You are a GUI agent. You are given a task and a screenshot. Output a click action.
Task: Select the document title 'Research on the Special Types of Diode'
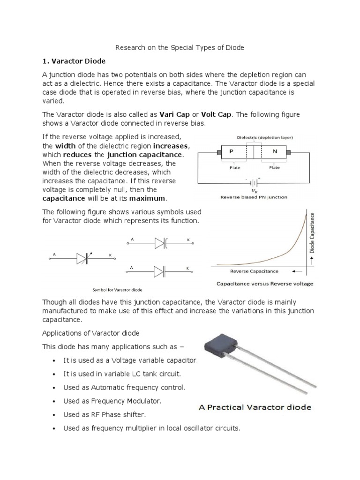pyautogui.click(x=180, y=48)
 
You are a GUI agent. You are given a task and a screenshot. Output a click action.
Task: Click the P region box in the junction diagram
pyautogui.click(x=232, y=152)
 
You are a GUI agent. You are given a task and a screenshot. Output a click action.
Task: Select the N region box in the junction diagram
pyautogui.click(x=273, y=152)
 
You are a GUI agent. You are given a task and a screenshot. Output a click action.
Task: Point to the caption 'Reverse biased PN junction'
pyautogui.click(x=254, y=198)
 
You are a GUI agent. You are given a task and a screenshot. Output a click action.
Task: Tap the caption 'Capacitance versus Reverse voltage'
pyautogui.click(x=264, y=284)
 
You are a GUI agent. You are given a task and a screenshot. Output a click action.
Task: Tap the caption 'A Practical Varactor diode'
pyautogui.click(x=254, y=407)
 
